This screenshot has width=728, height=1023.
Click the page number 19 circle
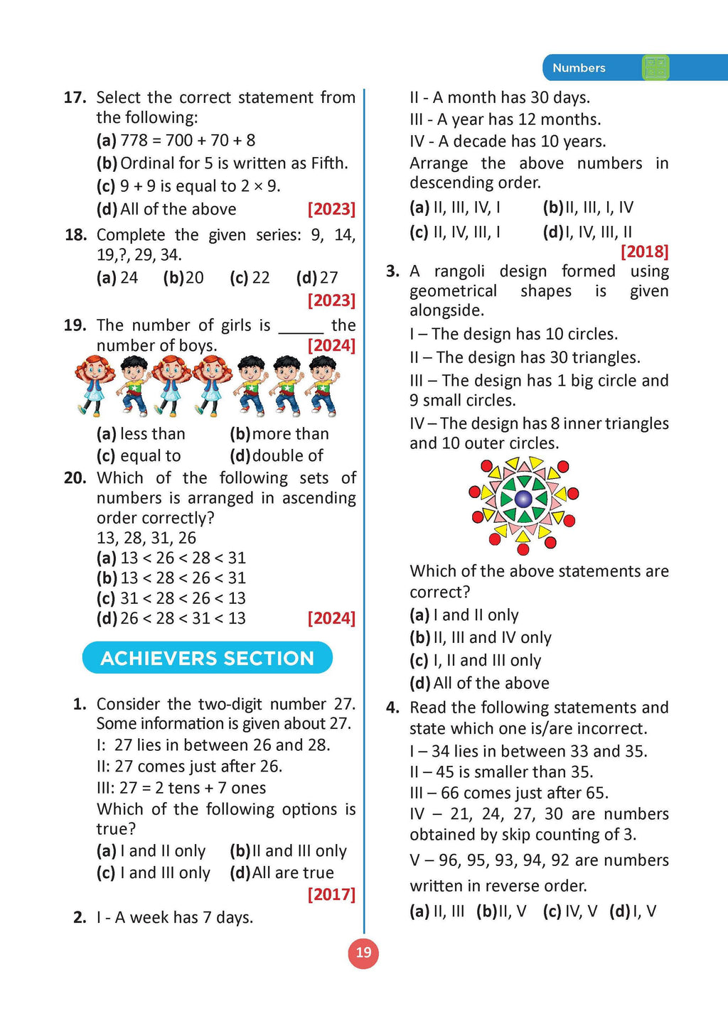coord(363,953)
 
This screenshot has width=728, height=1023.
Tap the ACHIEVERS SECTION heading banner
coord(207,658)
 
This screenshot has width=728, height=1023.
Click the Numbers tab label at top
coord(579,68)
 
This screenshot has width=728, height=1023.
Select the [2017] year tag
coord(331,894)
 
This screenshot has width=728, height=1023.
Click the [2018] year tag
coord(644,251)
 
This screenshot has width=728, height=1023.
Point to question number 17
coord(75,97)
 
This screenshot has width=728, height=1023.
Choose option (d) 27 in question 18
coord(318,278)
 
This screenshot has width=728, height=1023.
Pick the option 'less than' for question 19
coord(141,433)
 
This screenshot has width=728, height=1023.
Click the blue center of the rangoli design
coord(523,498)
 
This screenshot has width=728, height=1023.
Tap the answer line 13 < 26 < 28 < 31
coord(171,558)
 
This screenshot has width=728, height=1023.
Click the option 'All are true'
coord(282,872)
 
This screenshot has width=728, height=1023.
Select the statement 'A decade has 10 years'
coord(508,141)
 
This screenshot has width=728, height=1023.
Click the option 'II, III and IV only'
coord(481,637)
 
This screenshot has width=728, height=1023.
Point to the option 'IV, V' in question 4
coord(570,911)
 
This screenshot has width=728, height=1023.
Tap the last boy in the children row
coord(323,386)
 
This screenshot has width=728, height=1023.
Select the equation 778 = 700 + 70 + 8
coord(176,141)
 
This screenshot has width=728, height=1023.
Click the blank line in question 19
coord(301,327)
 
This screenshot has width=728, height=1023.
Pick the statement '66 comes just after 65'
coord(508,793)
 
